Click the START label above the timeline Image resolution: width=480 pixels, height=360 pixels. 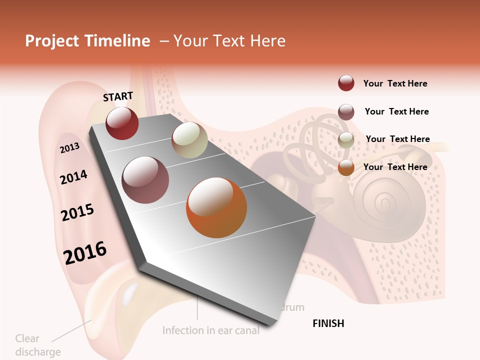(x=118, y=96)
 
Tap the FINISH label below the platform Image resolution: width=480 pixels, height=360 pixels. (x=328, y=323)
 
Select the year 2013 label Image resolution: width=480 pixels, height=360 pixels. (x=70, y=148)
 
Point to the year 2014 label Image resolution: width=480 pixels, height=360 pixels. (x=74, y=177)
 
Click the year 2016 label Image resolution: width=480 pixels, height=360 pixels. (x=85, y=253)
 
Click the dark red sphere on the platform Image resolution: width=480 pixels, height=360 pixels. (x=122, y=123)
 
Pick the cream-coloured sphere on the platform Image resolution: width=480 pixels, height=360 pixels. (x=189, y=140)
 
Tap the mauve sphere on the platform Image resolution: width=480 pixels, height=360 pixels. (x=145, y=180)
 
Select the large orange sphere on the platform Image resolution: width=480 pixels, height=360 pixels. (x=216, y=207)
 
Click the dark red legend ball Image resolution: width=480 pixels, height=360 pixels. (x=346, y=83)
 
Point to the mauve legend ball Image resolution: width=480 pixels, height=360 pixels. (x=346, y=112)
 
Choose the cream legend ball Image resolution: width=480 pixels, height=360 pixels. (x=346, y=140)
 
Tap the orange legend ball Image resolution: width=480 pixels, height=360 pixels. (x=346, y=168)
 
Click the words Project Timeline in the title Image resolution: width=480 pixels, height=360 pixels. (x=87, y=41)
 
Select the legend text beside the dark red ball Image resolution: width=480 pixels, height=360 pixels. (x=395, y=83)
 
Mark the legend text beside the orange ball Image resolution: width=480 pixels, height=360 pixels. (x=395, y=167)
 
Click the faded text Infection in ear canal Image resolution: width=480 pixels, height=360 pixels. (x=211, y=330)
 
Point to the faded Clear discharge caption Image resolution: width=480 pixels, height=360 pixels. (x=38, y=345)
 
